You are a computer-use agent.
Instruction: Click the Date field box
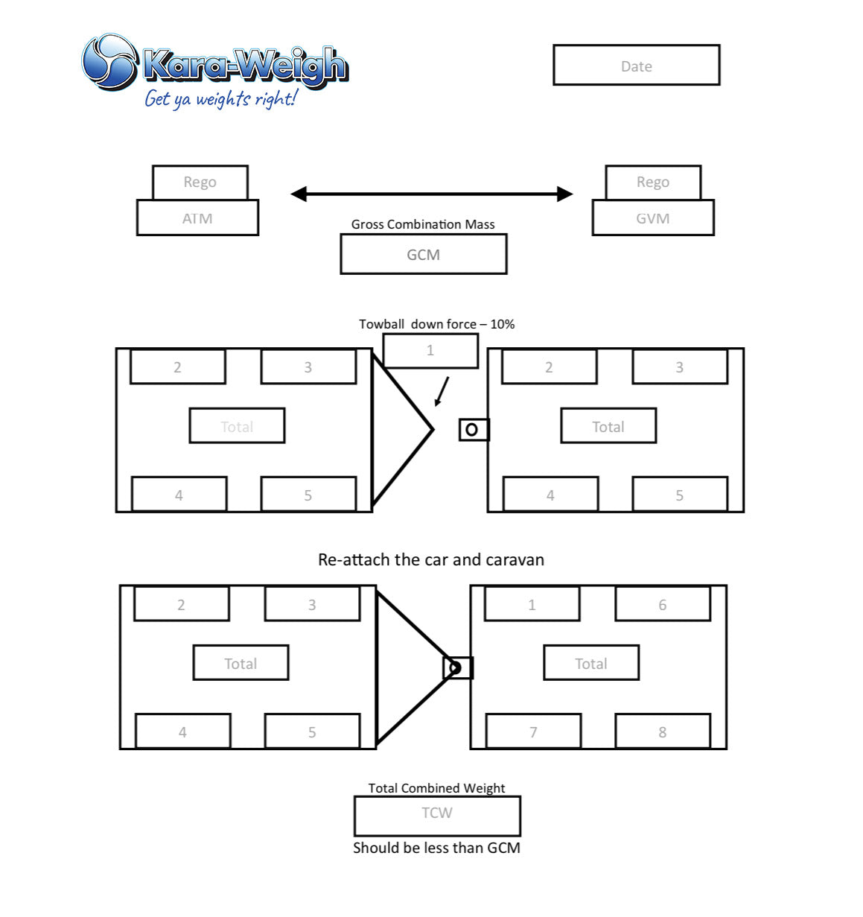coord(636,65)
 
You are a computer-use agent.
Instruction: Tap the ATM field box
coord(197,218)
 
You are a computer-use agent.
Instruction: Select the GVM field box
coord(652,218)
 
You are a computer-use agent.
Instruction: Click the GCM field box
coord(423,254)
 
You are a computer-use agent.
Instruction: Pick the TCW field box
coord(437,816)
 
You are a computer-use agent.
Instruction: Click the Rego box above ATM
coord(200,182)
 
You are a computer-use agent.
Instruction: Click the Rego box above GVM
coord(653,182)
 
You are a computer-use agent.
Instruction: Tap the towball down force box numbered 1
coord(430,350)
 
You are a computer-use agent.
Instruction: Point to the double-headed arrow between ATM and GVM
coord(432,194)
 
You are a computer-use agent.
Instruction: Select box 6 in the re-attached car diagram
coord(663,604)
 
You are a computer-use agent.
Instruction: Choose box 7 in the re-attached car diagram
coord(533,732)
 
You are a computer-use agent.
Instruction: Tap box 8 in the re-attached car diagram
coord(663,732)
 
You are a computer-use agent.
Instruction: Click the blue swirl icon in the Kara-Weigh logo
coord(110,61)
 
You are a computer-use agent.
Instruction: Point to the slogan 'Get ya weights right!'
coord(220,99)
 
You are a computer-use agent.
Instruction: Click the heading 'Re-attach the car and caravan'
coord(431,559)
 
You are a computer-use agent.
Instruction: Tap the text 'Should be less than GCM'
coord(436,848)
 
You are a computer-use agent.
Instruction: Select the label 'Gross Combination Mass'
coord(422,224)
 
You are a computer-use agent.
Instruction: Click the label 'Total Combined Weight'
coord(436,787)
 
